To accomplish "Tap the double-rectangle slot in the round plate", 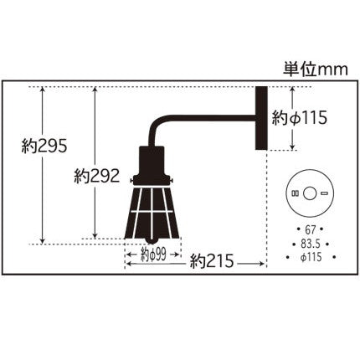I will (295, 193).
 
